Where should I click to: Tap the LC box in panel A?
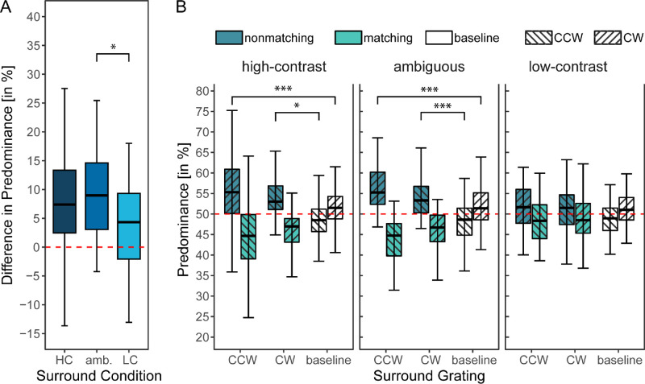128,226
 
